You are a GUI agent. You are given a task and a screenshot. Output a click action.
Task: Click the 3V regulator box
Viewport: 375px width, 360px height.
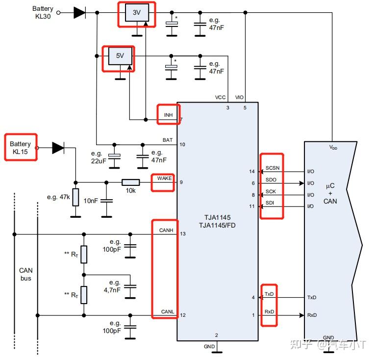coord(137,12)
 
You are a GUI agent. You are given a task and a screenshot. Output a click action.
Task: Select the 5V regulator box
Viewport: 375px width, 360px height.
coord(120,56)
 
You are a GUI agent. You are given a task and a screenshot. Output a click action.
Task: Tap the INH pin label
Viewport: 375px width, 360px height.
coord(168,115)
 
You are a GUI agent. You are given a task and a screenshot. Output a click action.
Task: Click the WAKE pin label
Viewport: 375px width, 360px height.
coord(164,179)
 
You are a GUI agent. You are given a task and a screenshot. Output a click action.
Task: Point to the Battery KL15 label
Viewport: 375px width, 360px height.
coord(20,148)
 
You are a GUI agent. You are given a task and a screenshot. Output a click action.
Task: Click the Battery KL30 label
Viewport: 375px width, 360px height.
coord(43,12)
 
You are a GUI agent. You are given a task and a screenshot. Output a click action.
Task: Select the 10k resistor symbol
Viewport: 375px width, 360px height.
coord(130,182)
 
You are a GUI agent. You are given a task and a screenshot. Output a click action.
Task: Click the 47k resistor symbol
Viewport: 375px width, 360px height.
coord(75,197)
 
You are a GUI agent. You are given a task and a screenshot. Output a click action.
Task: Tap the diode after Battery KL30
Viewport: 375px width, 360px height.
coord(79,12)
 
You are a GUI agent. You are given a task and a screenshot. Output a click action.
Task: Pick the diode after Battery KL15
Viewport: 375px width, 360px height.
coord(58,148)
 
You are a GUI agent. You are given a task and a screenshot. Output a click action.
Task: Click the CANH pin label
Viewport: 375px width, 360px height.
coord(166,230)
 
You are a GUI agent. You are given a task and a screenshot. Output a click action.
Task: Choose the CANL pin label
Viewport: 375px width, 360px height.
coord(168,311)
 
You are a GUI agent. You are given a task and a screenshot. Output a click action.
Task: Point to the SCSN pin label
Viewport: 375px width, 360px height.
coord(273,168)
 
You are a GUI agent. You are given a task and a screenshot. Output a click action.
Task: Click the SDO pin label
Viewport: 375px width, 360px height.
coord(271,180)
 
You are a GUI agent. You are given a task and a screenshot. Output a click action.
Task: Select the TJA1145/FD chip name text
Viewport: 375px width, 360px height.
coord(217,225)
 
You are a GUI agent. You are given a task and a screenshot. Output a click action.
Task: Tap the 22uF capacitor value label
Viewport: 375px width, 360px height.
coord(99,161)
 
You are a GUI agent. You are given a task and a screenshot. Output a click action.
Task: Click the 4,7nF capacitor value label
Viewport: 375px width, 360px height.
coord(112,290)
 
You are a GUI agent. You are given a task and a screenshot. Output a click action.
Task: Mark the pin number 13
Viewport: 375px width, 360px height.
coord(183,233)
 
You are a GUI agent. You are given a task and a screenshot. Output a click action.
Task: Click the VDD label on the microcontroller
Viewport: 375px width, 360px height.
coord(333,147)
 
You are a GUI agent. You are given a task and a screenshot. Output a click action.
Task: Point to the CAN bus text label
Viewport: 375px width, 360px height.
coord(26,274)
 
